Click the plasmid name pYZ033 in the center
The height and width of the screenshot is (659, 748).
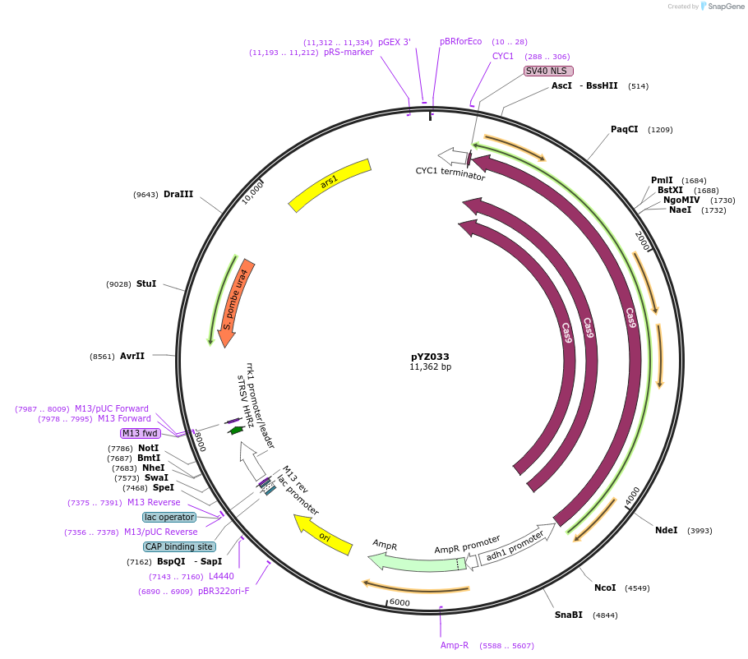430,357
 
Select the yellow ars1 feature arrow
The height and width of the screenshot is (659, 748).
329,185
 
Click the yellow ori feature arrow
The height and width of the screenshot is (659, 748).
324,535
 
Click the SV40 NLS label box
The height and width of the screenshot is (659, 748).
548,71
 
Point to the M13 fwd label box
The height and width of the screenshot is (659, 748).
140,433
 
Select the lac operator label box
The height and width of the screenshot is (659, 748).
169,517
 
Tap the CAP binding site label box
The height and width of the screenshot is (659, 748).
179,546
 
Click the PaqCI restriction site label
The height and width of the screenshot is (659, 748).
624,130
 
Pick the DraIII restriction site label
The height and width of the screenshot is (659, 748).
178,195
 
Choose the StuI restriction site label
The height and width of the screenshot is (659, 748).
146,283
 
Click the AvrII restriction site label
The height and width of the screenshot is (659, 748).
132,357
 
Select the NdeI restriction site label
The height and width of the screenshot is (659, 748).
666,530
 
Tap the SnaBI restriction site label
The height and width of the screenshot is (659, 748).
568,615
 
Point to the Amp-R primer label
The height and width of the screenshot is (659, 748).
455,646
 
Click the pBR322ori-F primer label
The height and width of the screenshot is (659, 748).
224,591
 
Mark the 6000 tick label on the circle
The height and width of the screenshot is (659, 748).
399,602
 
